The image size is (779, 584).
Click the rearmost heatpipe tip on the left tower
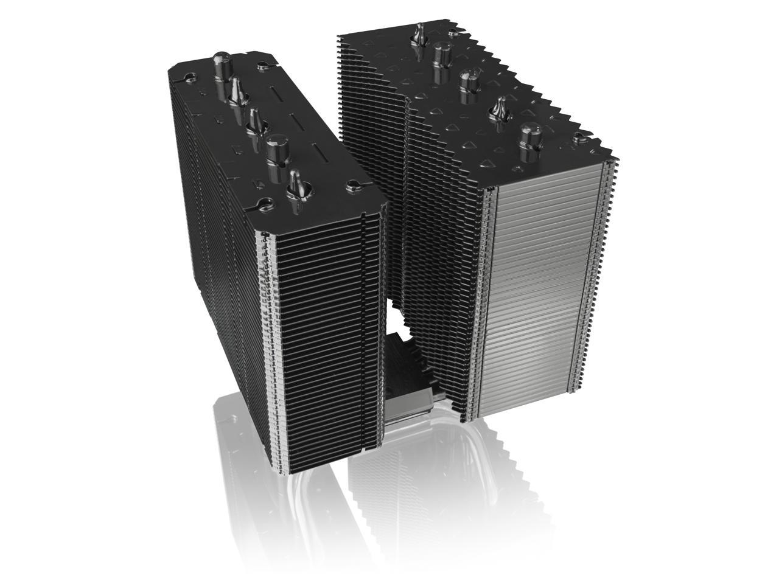click(x=221, y=63)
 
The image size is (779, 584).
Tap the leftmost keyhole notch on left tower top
click(x=190, y=76)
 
